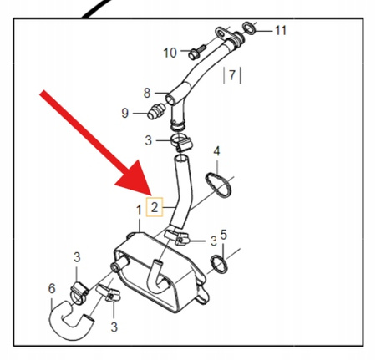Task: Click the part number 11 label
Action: [281, 30]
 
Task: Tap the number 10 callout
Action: [170, 53]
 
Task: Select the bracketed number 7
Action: [232, 75]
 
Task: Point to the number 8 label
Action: [147, 93]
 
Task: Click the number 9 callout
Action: [125, 113]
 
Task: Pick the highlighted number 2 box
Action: [155, 207]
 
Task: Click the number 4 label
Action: [216, 151]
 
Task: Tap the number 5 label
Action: [223, 235]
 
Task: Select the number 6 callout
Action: [52, 288]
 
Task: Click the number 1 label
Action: [139, 210]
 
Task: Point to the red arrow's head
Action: [135, 178]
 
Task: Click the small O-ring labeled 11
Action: [249, 28]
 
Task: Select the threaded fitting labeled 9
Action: [156, 111]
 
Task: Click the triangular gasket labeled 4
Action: [218, 185]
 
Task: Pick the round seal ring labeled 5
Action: [219, 264]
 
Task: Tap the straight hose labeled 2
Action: [182, 192]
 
